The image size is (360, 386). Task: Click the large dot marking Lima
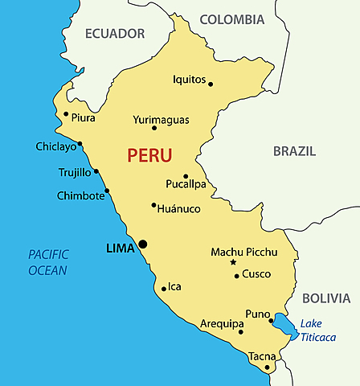point(143,244)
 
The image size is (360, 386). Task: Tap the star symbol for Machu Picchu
point(233,263)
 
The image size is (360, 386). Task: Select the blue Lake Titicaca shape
point(284,326)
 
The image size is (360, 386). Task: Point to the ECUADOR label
point(115,34)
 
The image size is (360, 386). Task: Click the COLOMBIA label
point(232,19)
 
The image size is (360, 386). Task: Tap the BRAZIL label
point(294,151)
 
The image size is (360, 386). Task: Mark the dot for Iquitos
point(211,84)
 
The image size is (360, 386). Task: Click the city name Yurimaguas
point(161,120)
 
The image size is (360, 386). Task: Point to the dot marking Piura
point(66,113)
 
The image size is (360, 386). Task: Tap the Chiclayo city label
point(55,146)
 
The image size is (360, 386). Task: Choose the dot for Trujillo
point(96,170)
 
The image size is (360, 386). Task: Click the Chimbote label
point(80,196)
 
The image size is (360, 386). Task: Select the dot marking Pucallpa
point(186,176)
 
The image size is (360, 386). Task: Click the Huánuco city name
point(178,209)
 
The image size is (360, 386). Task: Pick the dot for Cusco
point(236,276)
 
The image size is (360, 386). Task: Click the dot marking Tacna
point(268,368)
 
